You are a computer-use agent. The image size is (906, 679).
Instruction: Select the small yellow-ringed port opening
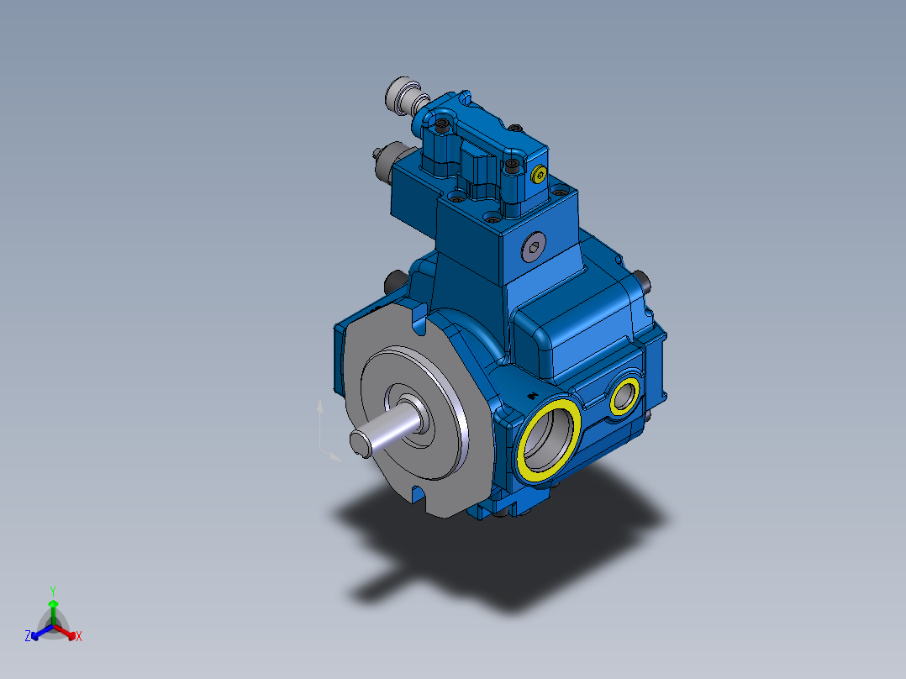click(624, 396)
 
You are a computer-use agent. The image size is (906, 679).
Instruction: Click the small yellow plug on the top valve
click(538, 175)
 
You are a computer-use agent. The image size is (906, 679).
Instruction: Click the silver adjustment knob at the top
click(400, 92)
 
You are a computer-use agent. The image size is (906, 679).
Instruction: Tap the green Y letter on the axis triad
click(52, 590)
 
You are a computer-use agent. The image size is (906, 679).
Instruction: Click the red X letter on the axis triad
click(79, 637)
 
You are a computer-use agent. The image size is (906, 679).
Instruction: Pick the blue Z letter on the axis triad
click(28, 637)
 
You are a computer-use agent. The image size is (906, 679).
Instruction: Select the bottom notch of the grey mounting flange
click(418, 492)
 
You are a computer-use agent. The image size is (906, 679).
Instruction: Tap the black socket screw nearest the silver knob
click(443, 126)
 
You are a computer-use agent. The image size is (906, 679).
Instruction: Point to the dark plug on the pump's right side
click(644, 282)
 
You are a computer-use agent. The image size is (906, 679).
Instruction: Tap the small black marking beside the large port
click(531, 395)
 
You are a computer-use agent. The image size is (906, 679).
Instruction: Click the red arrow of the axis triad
click(70, 633)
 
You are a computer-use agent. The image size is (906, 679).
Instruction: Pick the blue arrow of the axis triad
click(38, 633)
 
